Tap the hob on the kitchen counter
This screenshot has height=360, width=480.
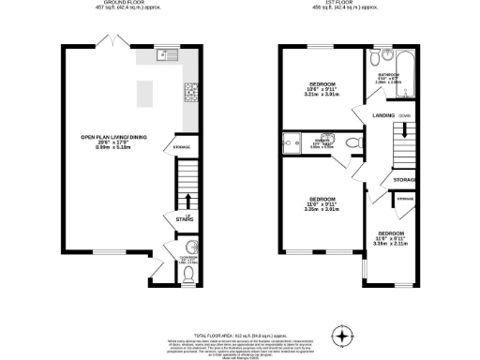(x=190, y=91)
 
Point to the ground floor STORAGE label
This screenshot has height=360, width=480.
(x=182, y=147)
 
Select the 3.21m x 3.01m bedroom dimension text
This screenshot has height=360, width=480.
(x=322, y=95)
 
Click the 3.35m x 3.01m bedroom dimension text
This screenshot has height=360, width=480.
(x=322, y=210)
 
